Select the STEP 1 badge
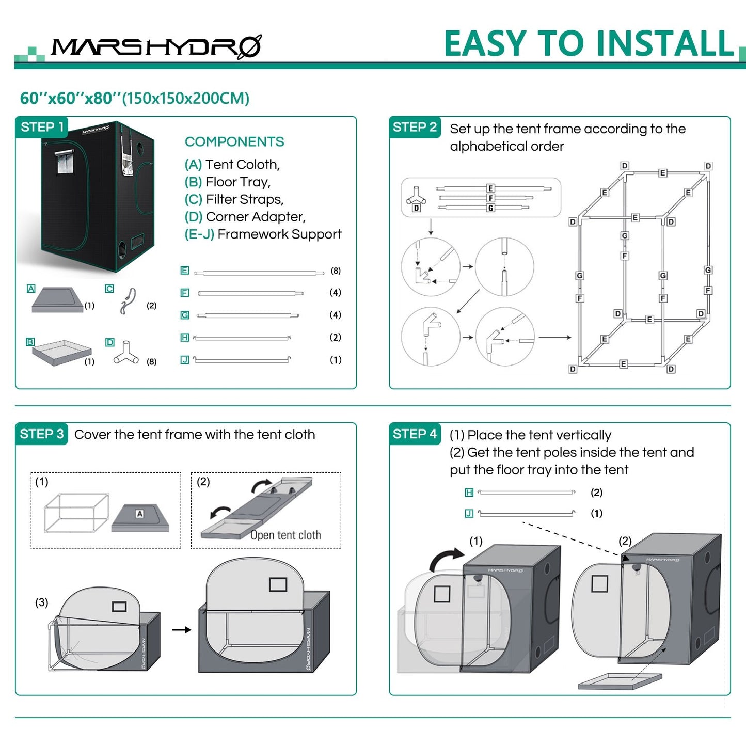(x=42, y=127)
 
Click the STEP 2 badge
(x=415, y=127)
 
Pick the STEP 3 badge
(x=42, y=434)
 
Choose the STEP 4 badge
(x=415, y=434)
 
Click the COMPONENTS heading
(x=234, y=141)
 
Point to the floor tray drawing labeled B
(x=61, y=352)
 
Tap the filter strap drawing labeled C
(x=129, y=301)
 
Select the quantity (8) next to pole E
(x=336, y=271)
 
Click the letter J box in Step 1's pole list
(x=184, y=360)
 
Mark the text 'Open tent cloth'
(x=285, y=535)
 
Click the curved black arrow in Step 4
(x=446, y=558)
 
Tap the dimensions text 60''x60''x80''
(x=70, y=98)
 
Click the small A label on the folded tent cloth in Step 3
(x=139, y=514)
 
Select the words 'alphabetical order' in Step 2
(x=506, y=146)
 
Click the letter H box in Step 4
(x=469, y=493)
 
